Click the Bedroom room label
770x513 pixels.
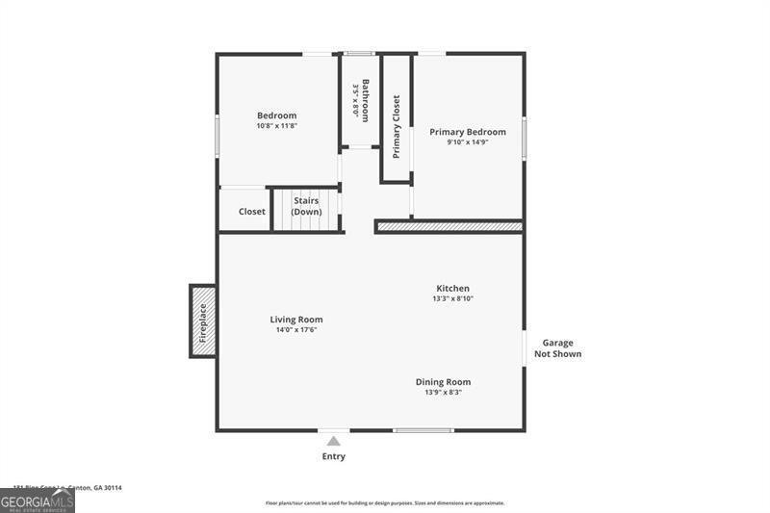point(276,115)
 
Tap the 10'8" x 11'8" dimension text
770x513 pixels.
point(276,126)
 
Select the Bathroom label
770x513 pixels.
point(366,100)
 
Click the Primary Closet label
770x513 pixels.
point(396,127)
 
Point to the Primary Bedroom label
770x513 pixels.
point(468,132)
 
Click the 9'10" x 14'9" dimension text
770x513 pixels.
point(468,142)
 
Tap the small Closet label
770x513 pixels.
point(252,212)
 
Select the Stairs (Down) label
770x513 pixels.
point(306,206)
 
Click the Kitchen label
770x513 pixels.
point(452,288)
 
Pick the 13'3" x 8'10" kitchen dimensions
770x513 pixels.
point(452,298)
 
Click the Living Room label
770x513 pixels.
point(295,320)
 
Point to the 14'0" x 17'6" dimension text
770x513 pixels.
point(295,330)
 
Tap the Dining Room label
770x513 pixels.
point(443,381)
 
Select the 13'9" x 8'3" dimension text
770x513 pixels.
point(443,392)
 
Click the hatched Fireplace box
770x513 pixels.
point(202,321)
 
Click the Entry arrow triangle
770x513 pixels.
point(333,441)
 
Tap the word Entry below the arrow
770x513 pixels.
point(333,456)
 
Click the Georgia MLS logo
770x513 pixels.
point(37,500)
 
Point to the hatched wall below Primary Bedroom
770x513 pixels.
point(449,227)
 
